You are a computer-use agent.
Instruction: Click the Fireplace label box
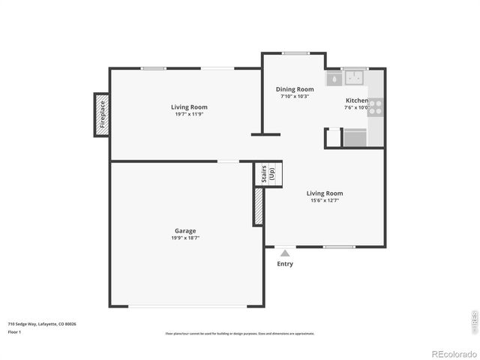102,115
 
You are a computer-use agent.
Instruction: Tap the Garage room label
185,230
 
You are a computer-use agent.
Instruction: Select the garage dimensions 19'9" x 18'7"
185,238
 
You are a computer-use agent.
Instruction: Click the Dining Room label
295,89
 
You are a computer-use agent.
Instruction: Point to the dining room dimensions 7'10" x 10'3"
295,96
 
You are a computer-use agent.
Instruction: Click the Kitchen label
356,100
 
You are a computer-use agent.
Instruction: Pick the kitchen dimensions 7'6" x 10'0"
356,107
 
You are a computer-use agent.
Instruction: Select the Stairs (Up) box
268,175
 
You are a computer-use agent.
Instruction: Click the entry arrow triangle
285,253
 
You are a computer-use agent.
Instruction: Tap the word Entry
285,264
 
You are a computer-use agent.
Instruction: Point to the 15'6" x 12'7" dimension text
325,200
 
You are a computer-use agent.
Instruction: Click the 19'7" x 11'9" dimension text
188,114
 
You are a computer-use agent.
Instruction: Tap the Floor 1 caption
14,331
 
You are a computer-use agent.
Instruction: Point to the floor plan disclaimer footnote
240,334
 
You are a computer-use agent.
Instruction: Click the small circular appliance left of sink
333,78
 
